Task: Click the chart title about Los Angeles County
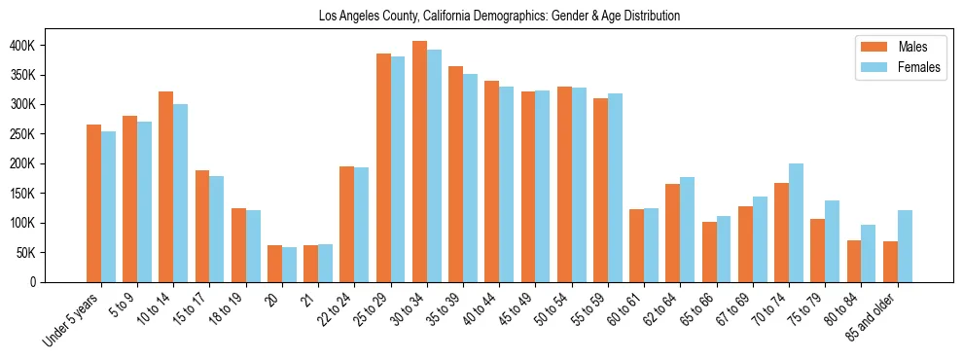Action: (499, 17)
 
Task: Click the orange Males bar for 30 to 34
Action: (419, 162)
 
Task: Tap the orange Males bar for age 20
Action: (274, 264)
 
